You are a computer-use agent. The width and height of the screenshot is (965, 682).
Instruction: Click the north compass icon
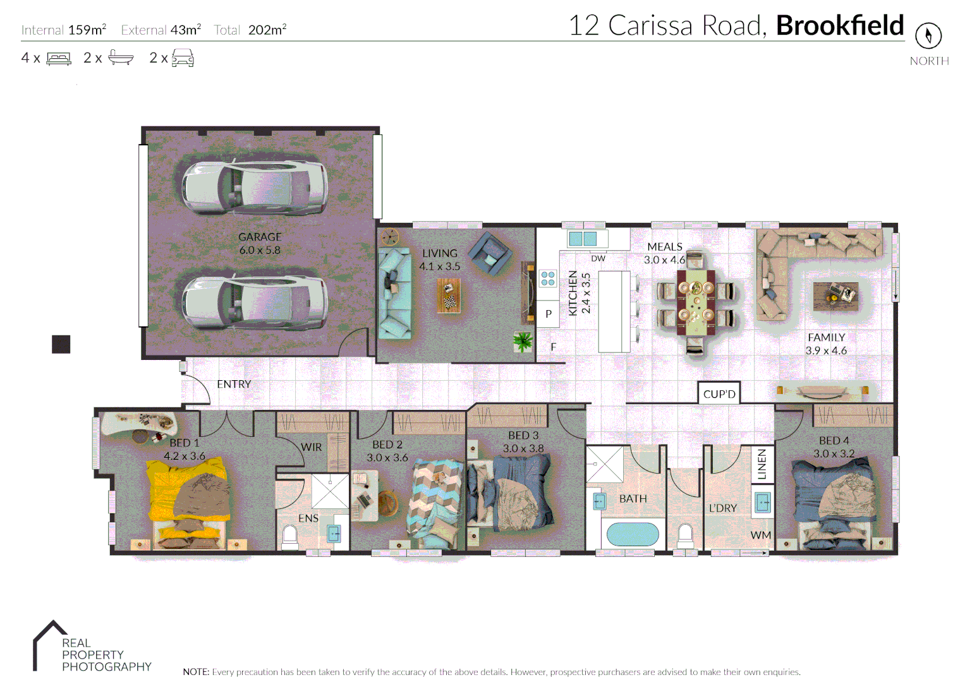point(928,35)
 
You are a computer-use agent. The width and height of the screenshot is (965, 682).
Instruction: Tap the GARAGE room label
point(260,237)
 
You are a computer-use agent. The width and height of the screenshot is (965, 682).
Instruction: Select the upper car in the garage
point(255,188)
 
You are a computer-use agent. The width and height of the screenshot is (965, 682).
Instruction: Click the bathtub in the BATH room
point(633,534)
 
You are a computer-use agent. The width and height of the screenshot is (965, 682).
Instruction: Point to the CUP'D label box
point(719,393)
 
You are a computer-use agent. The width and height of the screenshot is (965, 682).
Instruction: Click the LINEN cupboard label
point(762,464)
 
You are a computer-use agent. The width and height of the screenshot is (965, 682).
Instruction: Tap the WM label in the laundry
point(760,535)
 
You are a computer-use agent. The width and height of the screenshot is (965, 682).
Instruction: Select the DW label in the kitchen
point(598,258)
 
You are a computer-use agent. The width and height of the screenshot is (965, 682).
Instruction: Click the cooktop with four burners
point(547,278)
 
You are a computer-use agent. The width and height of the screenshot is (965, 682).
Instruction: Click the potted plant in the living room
point(523,342)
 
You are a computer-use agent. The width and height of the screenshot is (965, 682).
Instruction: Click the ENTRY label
point(234,384)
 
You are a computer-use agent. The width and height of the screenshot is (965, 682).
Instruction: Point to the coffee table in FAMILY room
point(835,295)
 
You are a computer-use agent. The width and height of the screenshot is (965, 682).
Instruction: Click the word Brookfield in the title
point(839,26)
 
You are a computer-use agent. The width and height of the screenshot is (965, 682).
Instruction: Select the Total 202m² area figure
point(250,30)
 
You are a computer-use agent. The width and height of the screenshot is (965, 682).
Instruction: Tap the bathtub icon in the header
point(121,57)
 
